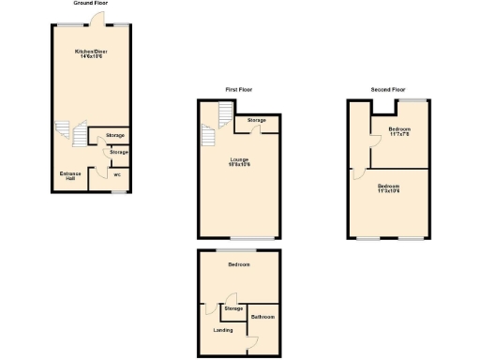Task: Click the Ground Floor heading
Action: pos(89,5)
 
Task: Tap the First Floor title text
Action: pos(238,89)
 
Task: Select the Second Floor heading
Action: pos(388,89)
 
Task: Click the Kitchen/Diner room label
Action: pos(89,51)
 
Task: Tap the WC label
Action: pos(117,174)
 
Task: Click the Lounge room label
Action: pos(239,159)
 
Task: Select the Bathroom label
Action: pos(262,317)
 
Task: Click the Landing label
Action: pos(223,329)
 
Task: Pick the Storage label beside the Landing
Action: pos(233,308)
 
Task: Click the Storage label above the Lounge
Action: pos(257,121)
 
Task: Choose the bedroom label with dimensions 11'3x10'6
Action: pos(388,189)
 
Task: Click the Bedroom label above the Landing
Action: pos(238,265)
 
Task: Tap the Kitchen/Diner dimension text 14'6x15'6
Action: pos(89,56)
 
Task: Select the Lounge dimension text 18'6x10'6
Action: pos(239,165)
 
